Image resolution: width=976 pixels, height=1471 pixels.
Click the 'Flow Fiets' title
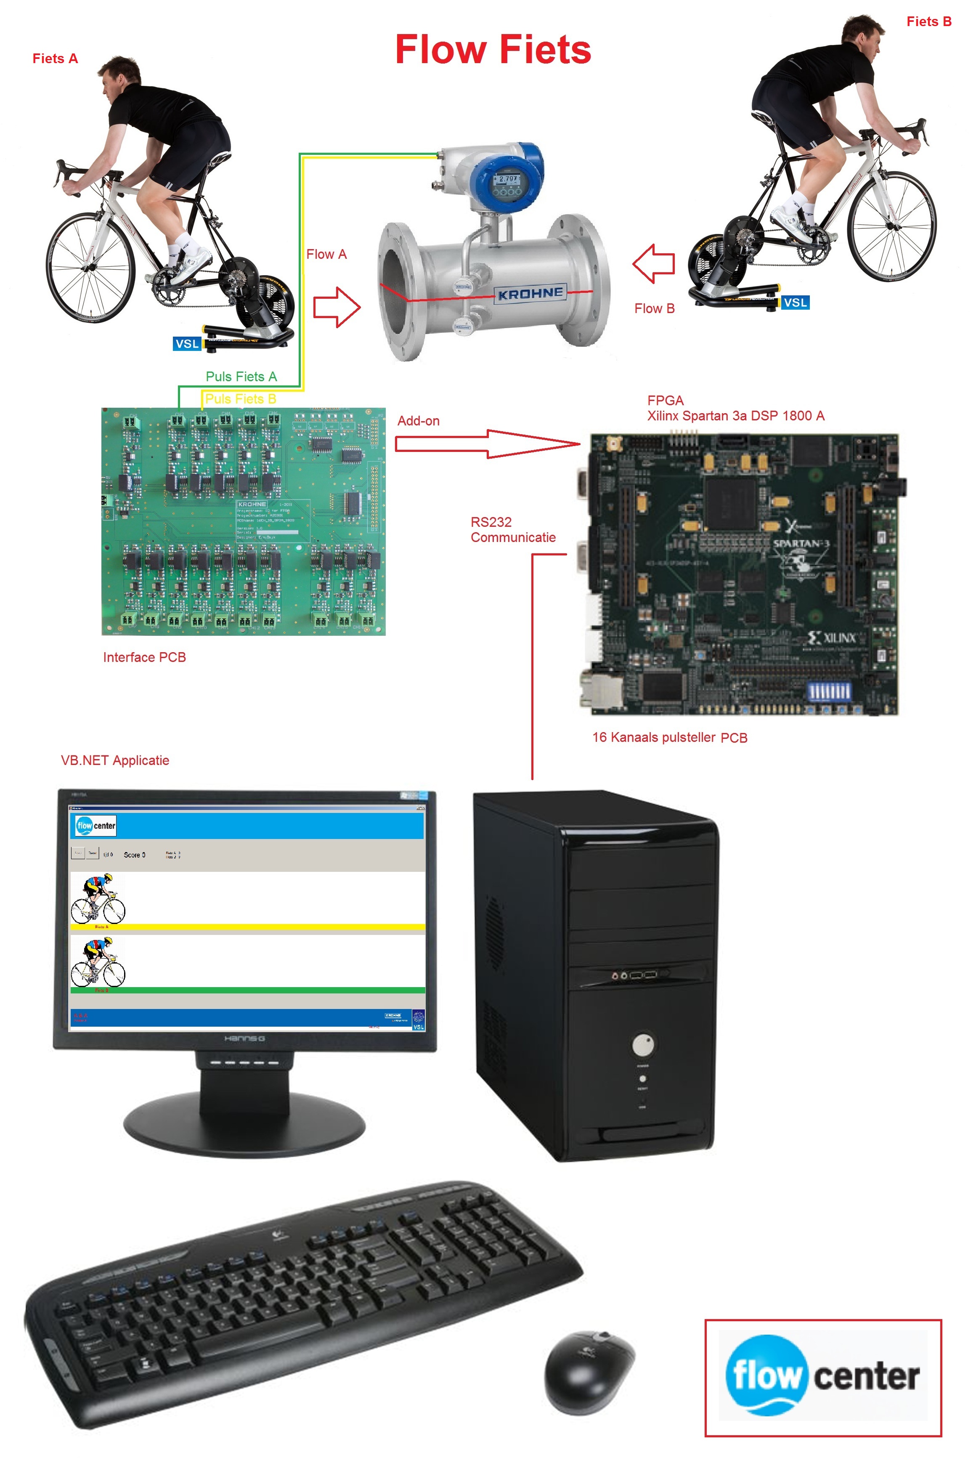(493, 50)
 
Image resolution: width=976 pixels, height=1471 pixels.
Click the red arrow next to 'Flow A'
(337, 307)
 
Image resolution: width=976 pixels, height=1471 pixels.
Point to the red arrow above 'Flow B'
(654, 263)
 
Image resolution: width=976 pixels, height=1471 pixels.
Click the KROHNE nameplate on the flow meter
(530, 293)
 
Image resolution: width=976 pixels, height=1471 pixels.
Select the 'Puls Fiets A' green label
(241, 377)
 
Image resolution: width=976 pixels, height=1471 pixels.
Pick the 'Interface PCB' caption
(144, 657)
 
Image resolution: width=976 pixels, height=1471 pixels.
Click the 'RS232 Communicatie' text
(512, 530)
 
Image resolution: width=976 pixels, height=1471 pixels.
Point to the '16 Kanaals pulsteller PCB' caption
(669, 738)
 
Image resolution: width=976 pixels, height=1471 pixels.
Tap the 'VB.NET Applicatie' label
(115, 760)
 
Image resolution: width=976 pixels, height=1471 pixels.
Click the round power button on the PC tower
(643, 1045)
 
